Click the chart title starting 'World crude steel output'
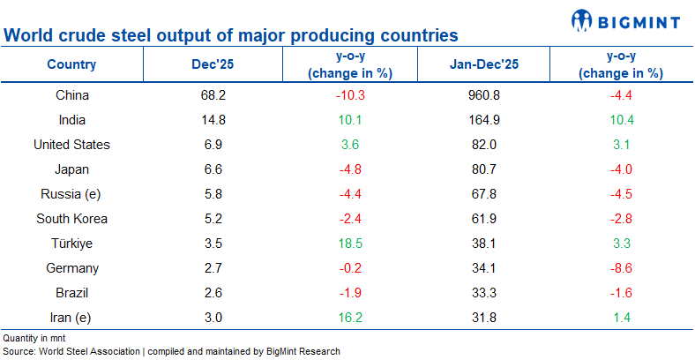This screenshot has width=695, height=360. pos(231,36)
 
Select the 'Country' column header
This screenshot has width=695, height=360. pos(71,64)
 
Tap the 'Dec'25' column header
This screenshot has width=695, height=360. pos(213,64)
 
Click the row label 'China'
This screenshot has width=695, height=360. pos(71,95)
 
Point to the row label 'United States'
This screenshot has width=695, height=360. pos(71,145)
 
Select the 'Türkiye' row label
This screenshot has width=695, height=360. pos(71,244)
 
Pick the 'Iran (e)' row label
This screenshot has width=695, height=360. pos(71,318)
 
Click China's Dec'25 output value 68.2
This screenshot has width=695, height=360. pos(213,95)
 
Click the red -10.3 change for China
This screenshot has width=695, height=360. pos(351,95)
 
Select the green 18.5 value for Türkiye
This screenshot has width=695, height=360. pos(351,244)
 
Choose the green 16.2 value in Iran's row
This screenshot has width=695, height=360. pos(351,318)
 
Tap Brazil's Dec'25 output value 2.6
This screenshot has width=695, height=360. pos(213,293)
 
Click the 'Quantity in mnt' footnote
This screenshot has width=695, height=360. pos(34,338)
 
